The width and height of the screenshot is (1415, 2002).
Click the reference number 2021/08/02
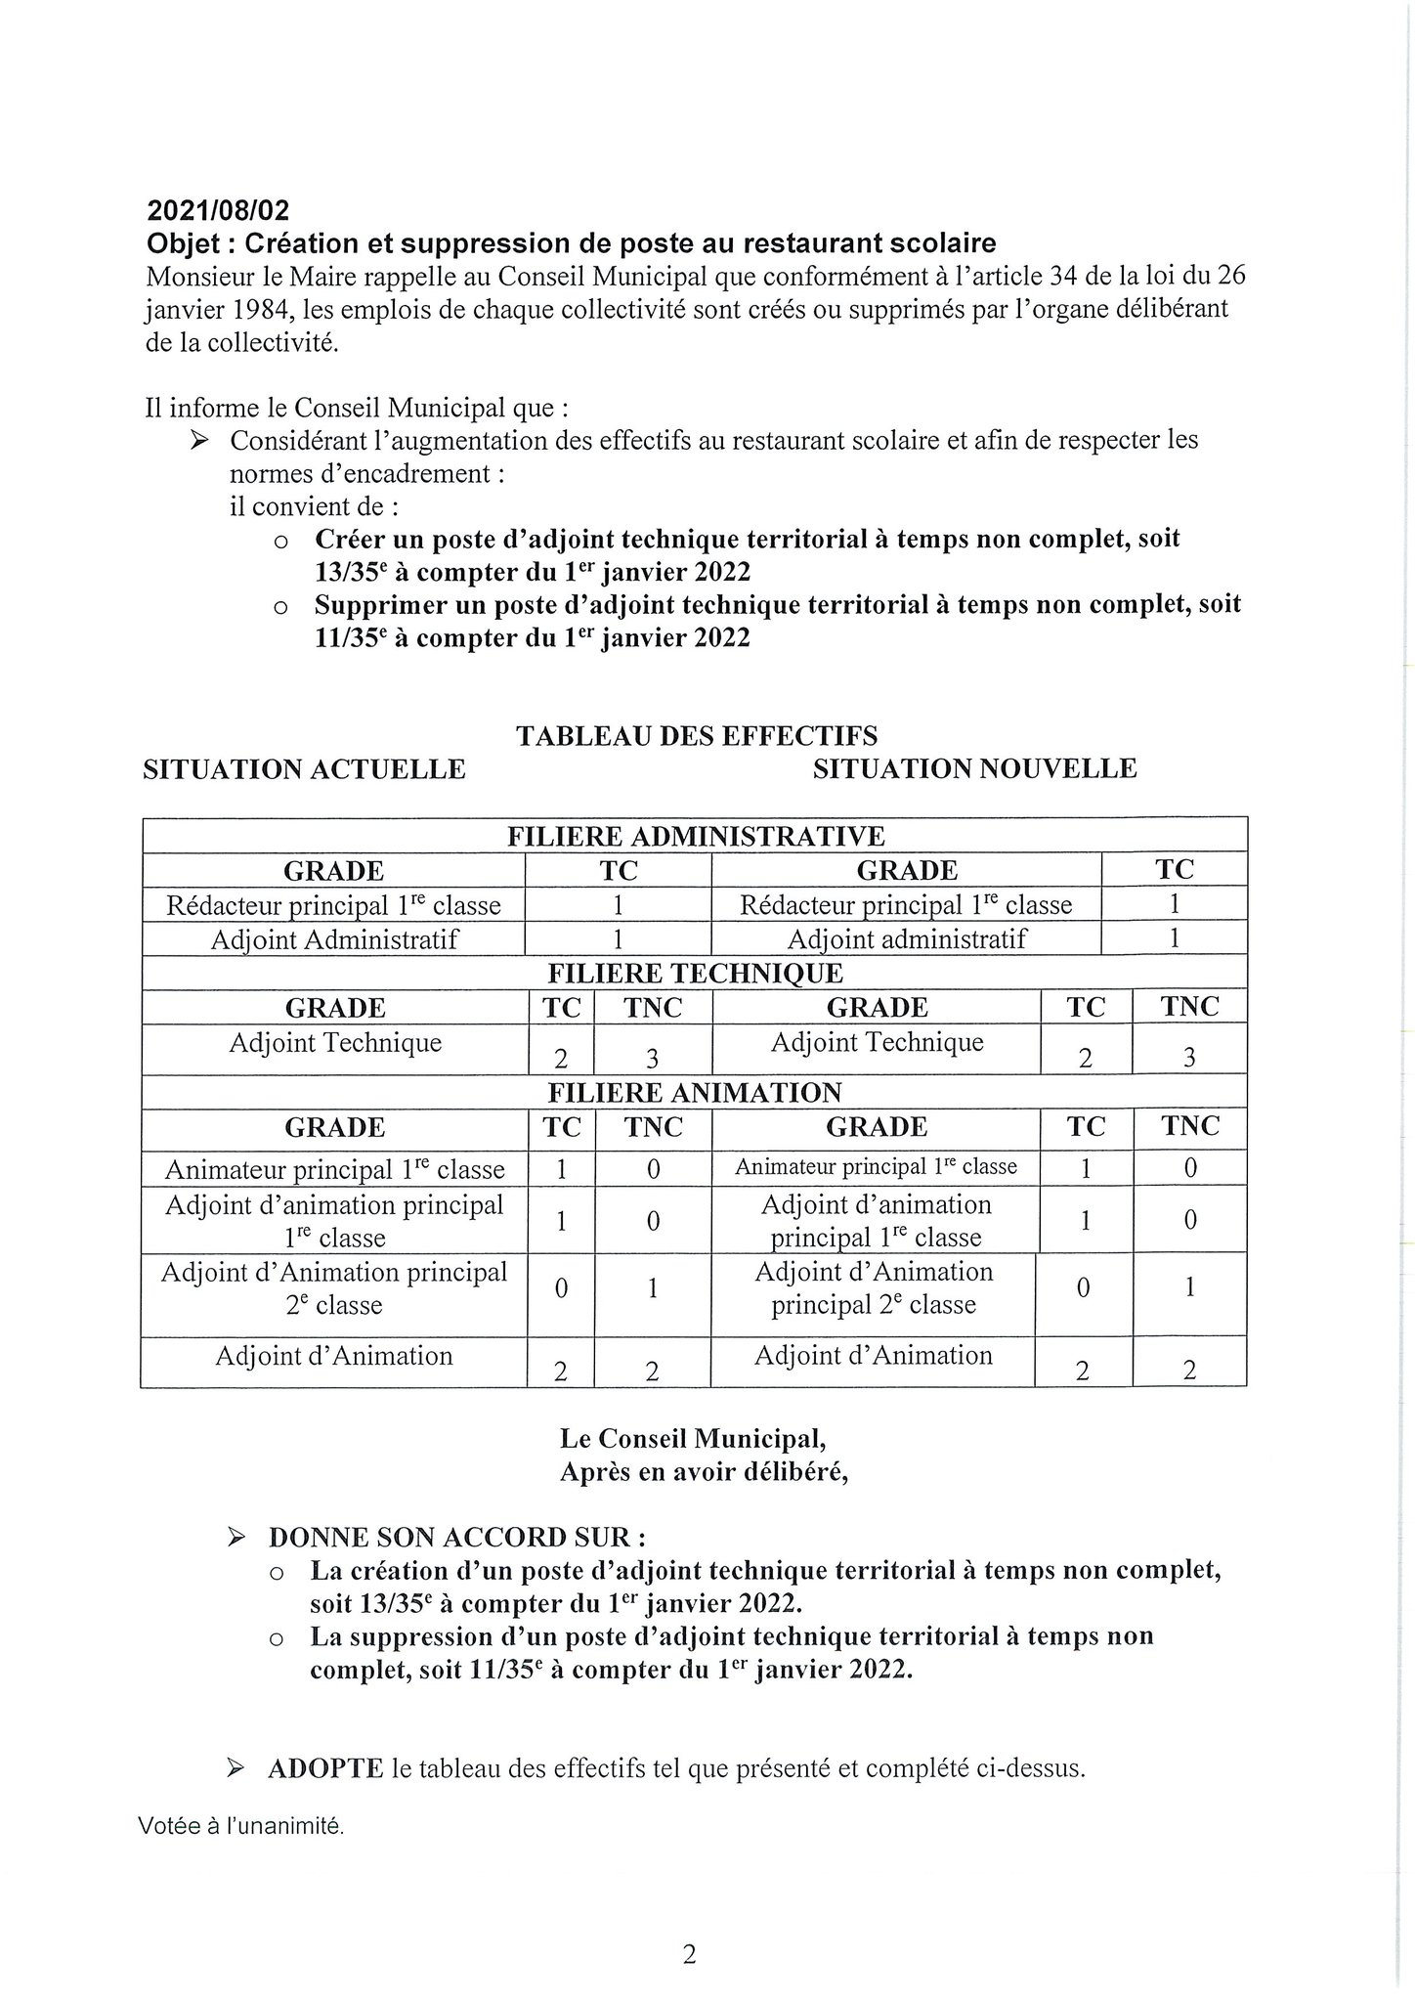pyautogui.click(x=218, y=210)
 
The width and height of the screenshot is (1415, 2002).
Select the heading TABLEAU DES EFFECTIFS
pyautogui.click(x=696, y=736)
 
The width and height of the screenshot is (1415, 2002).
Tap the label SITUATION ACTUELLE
pyautogui.click(x=304, y=769)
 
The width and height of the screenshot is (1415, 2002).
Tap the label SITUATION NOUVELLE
pyautogui.click(x=974, y=768)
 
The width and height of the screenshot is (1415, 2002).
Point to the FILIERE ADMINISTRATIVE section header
pyautogui.click(x=695, y=837)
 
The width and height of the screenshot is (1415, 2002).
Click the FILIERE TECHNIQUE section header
pyautogui.click(x=695, y=974)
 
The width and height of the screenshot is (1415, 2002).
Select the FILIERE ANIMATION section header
pyautogui.click(x=695, y=1093)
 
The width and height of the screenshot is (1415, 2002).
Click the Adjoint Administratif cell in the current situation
pyautogui.click(x=334, y=940)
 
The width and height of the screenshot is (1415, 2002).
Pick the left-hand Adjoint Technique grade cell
pyautogui.click(x=335, y=1043)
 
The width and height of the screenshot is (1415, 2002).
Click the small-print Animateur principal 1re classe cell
pyautogui.click(x=876, y=1167)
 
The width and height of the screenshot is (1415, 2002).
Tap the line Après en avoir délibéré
pyautogui.click(x=704, y=1472)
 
